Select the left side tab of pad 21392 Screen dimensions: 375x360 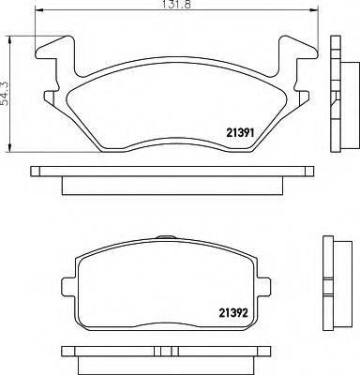pos(66,287)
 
